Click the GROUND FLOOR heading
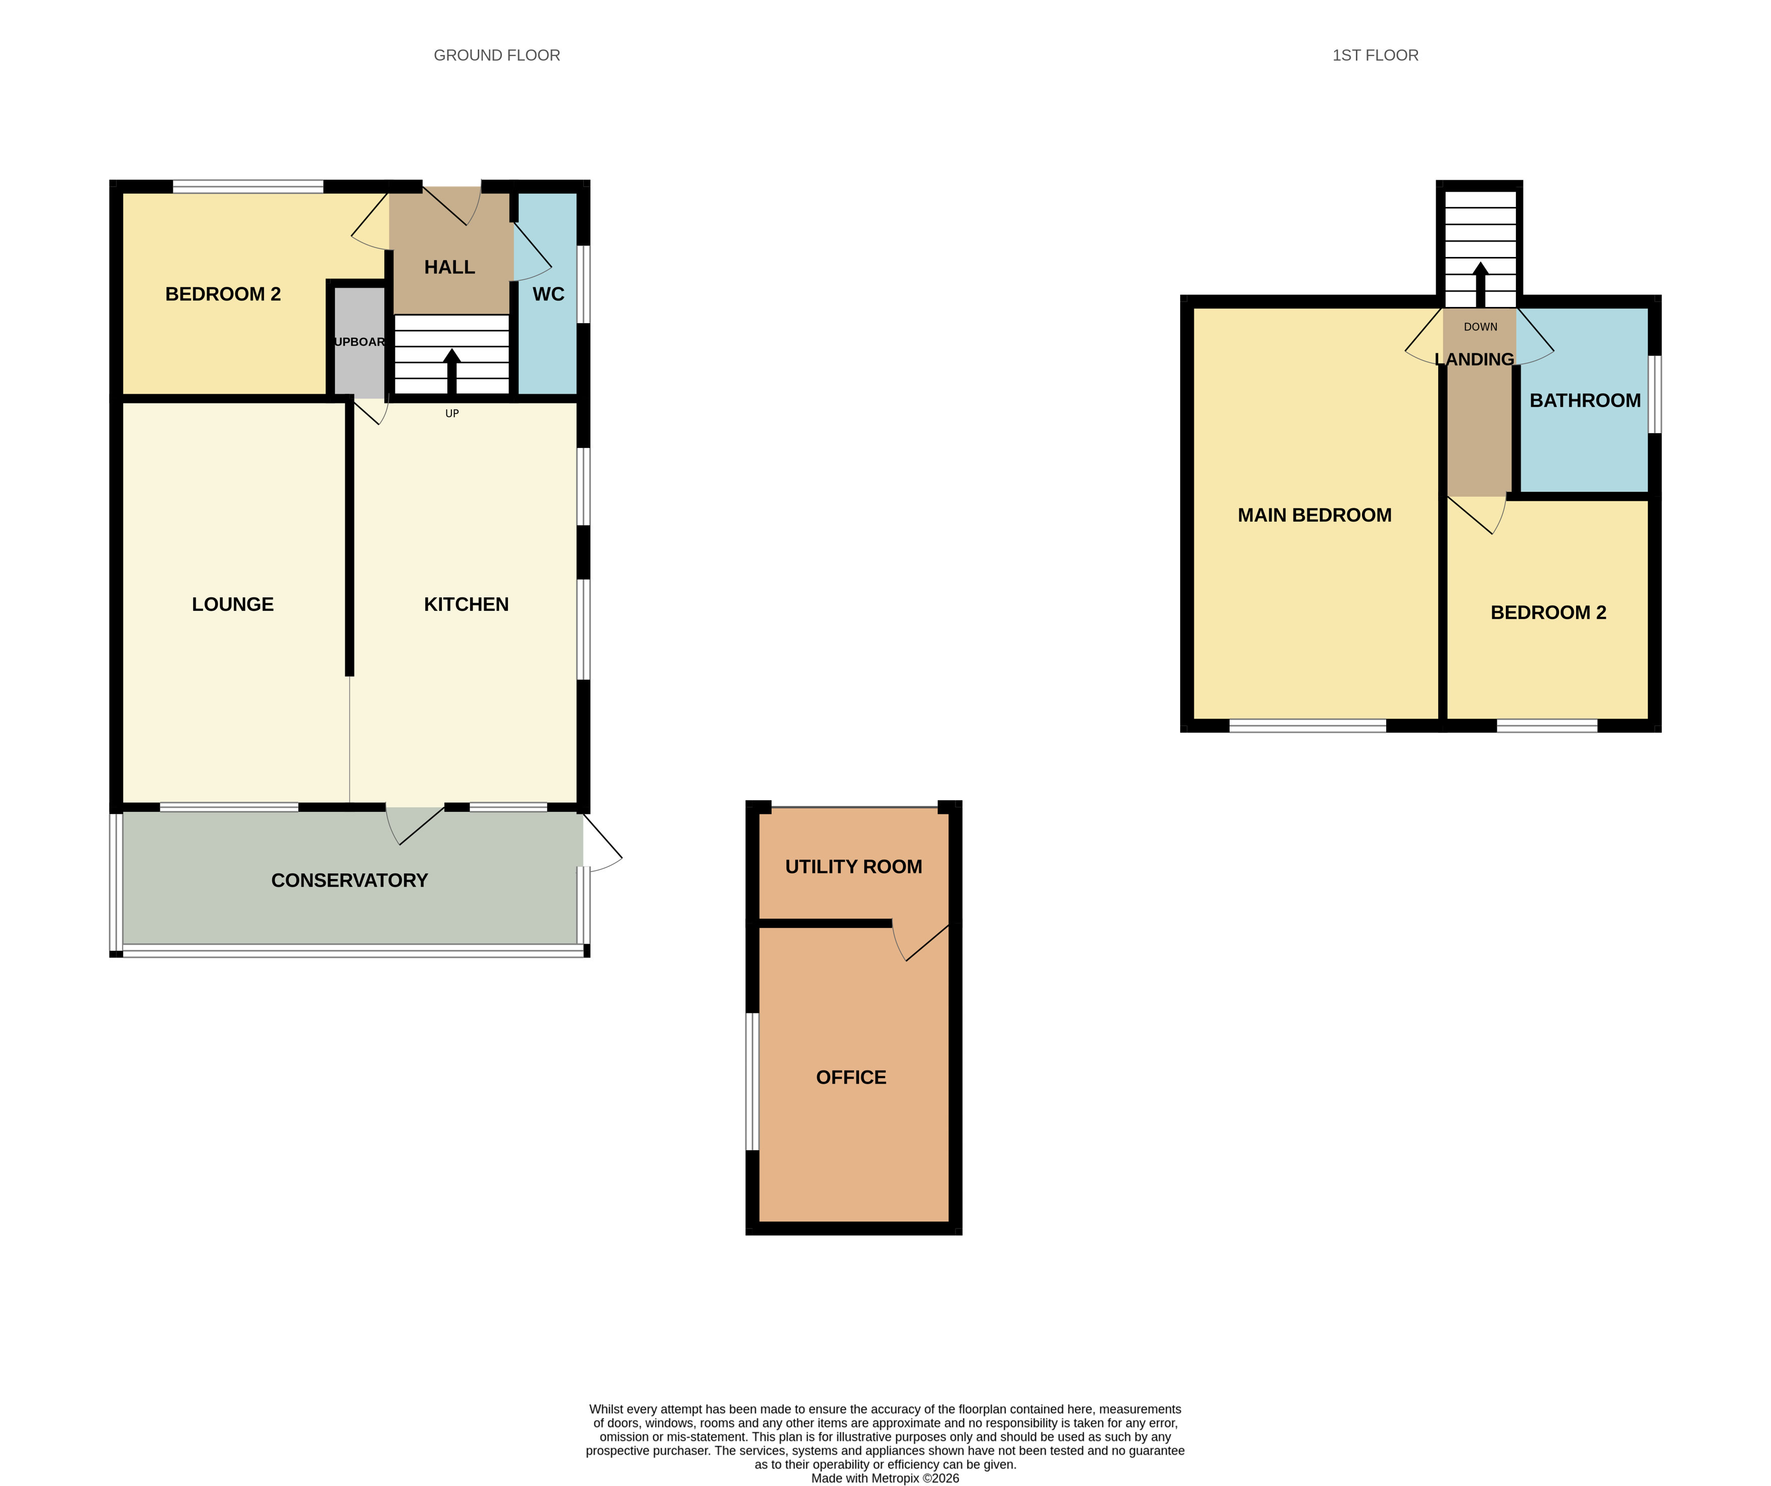497,56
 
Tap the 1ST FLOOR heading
1376,56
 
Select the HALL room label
449,267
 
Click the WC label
548,294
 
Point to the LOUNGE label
233,605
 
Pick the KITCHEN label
467,605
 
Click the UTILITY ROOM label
853,867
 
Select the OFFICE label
851,1078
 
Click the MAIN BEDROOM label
1315,516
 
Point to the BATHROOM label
1586,400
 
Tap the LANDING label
1474,360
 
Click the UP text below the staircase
452,413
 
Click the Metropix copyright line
886,1478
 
